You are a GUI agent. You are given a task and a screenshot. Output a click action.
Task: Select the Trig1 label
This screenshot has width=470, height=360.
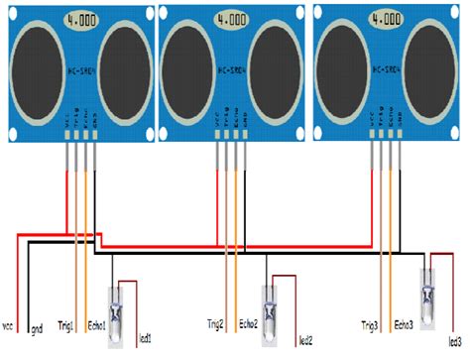pos(69,324)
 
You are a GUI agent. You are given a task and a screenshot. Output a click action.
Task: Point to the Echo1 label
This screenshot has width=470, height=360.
pos(96,324)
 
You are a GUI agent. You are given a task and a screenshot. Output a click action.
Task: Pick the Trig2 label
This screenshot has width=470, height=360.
pos(216,324)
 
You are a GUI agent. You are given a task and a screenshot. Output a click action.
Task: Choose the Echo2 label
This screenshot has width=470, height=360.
pos(246,324)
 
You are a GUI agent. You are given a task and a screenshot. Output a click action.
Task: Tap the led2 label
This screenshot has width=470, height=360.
pos(305,339)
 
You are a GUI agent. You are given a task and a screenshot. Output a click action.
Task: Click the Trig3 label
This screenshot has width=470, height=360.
pos(372,324)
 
